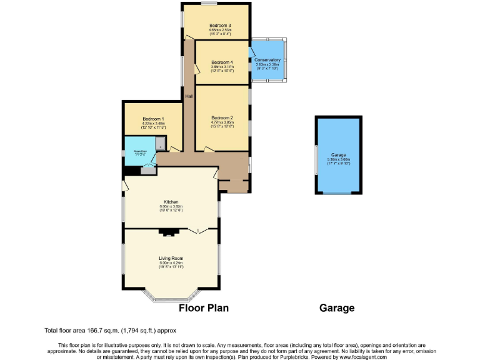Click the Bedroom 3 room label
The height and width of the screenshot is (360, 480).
[x=220, y=25]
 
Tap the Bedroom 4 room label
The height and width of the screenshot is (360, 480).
[x=222, y=62]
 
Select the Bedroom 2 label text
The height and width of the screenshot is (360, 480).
[x=222, y=118]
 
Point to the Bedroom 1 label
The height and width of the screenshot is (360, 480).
[x=153, y=119]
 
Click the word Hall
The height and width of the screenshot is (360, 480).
[x=189, y=96]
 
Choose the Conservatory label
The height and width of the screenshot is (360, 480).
[x=267, y=59]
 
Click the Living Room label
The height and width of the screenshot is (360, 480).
[x=171, y=258]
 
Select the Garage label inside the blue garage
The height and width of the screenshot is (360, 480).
[x=339, y=154]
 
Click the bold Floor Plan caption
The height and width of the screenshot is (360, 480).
[x=204, y=307]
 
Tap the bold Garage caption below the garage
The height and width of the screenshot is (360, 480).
[x=337, y=307]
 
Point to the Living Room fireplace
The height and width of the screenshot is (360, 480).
[x=167, y=233]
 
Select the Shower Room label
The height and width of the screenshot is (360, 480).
[x=139, y=150]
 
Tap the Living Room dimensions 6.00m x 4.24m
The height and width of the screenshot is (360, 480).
[x=171, y=263]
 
